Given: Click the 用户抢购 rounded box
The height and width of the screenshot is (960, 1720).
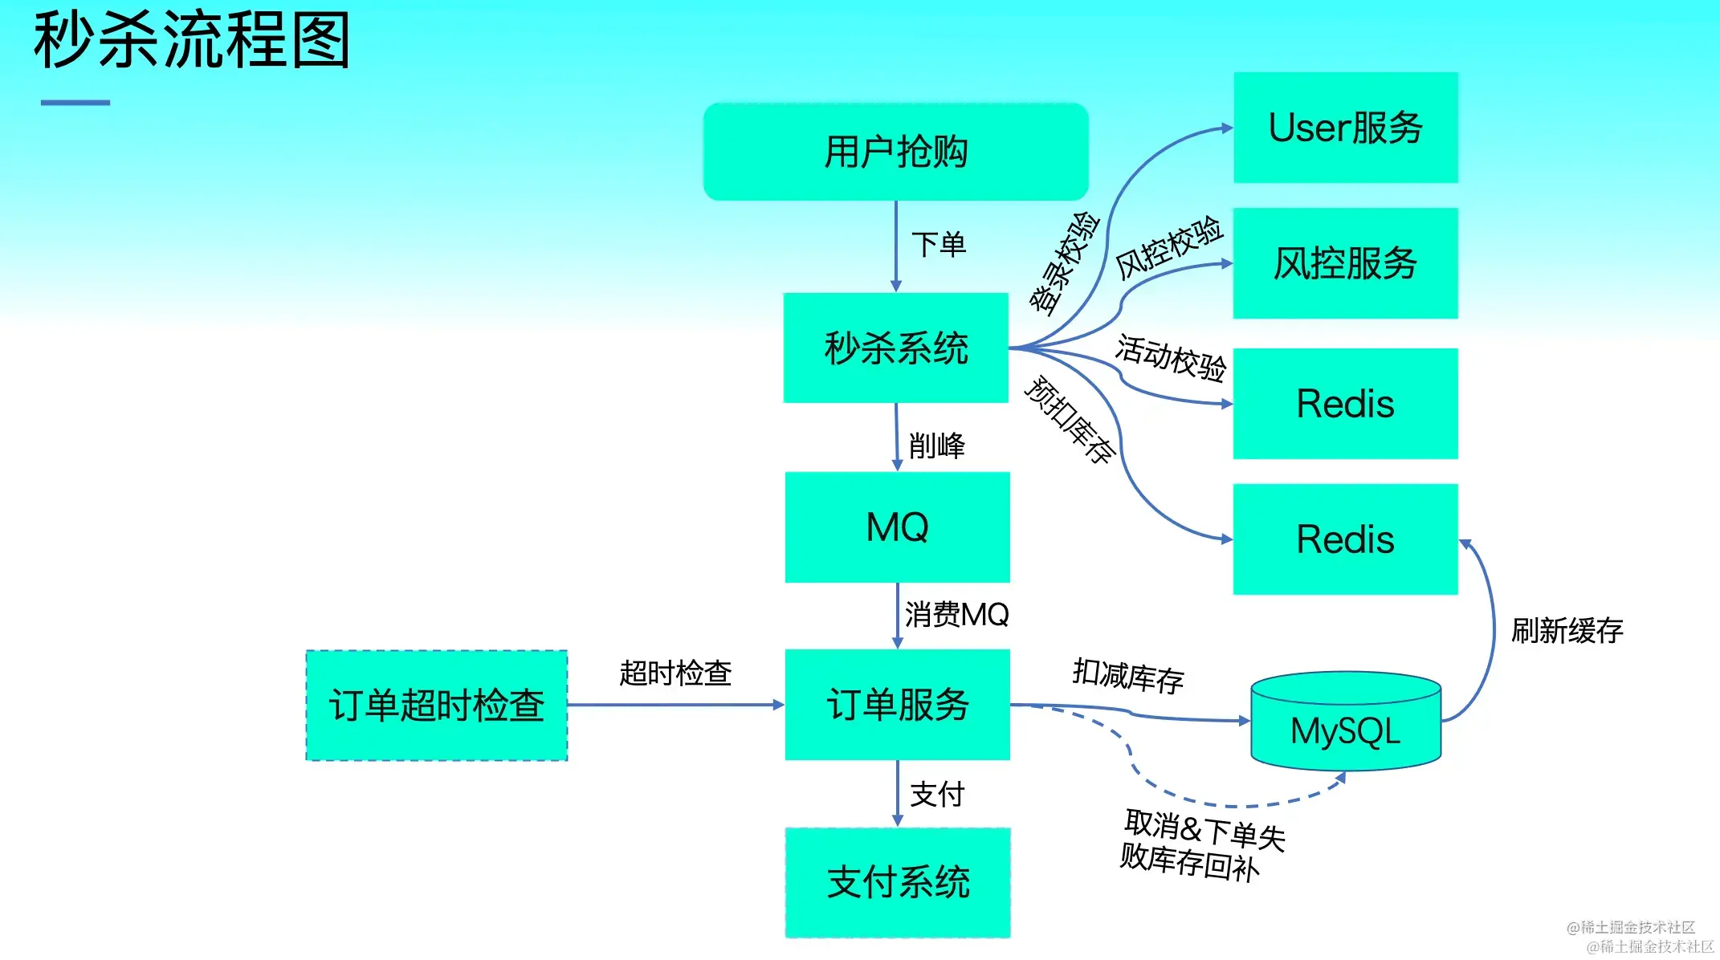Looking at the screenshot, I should click(895, 152).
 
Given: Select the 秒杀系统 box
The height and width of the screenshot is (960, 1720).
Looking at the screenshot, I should click(895, 348).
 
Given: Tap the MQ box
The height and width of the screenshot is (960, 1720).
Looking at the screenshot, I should click(897, 527).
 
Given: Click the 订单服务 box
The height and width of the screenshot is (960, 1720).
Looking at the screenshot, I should click(897, 705).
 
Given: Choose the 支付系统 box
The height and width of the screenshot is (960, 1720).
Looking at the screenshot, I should click(897, 882).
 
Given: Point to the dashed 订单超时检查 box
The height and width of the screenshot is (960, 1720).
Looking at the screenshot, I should click(436, 706).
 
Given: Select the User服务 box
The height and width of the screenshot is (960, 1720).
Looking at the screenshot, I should click(1345, 128).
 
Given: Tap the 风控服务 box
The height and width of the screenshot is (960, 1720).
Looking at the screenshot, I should click(1345, 263).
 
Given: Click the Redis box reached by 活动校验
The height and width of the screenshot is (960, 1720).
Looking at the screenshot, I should click(1345, 403).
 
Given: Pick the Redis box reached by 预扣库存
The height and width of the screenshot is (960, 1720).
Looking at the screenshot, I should click(1345, 539).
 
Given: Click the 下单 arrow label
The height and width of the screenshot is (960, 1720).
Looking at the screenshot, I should click(938, 245).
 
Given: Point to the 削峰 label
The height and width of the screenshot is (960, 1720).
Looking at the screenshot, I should click(936, 445).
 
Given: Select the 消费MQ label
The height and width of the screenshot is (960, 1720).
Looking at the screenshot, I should click(956, 615).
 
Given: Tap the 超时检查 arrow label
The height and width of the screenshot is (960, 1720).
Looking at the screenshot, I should click(675, 673).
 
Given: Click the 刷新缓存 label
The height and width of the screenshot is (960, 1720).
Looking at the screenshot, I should click(1567, 631).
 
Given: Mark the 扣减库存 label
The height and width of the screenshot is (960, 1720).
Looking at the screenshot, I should click(1127, 676).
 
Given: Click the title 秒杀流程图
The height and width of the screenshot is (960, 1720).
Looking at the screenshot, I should click(191, 40).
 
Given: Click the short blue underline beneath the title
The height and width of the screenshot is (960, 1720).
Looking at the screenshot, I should click(75, 103).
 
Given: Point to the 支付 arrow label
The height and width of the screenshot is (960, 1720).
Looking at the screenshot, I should click(936, 794).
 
